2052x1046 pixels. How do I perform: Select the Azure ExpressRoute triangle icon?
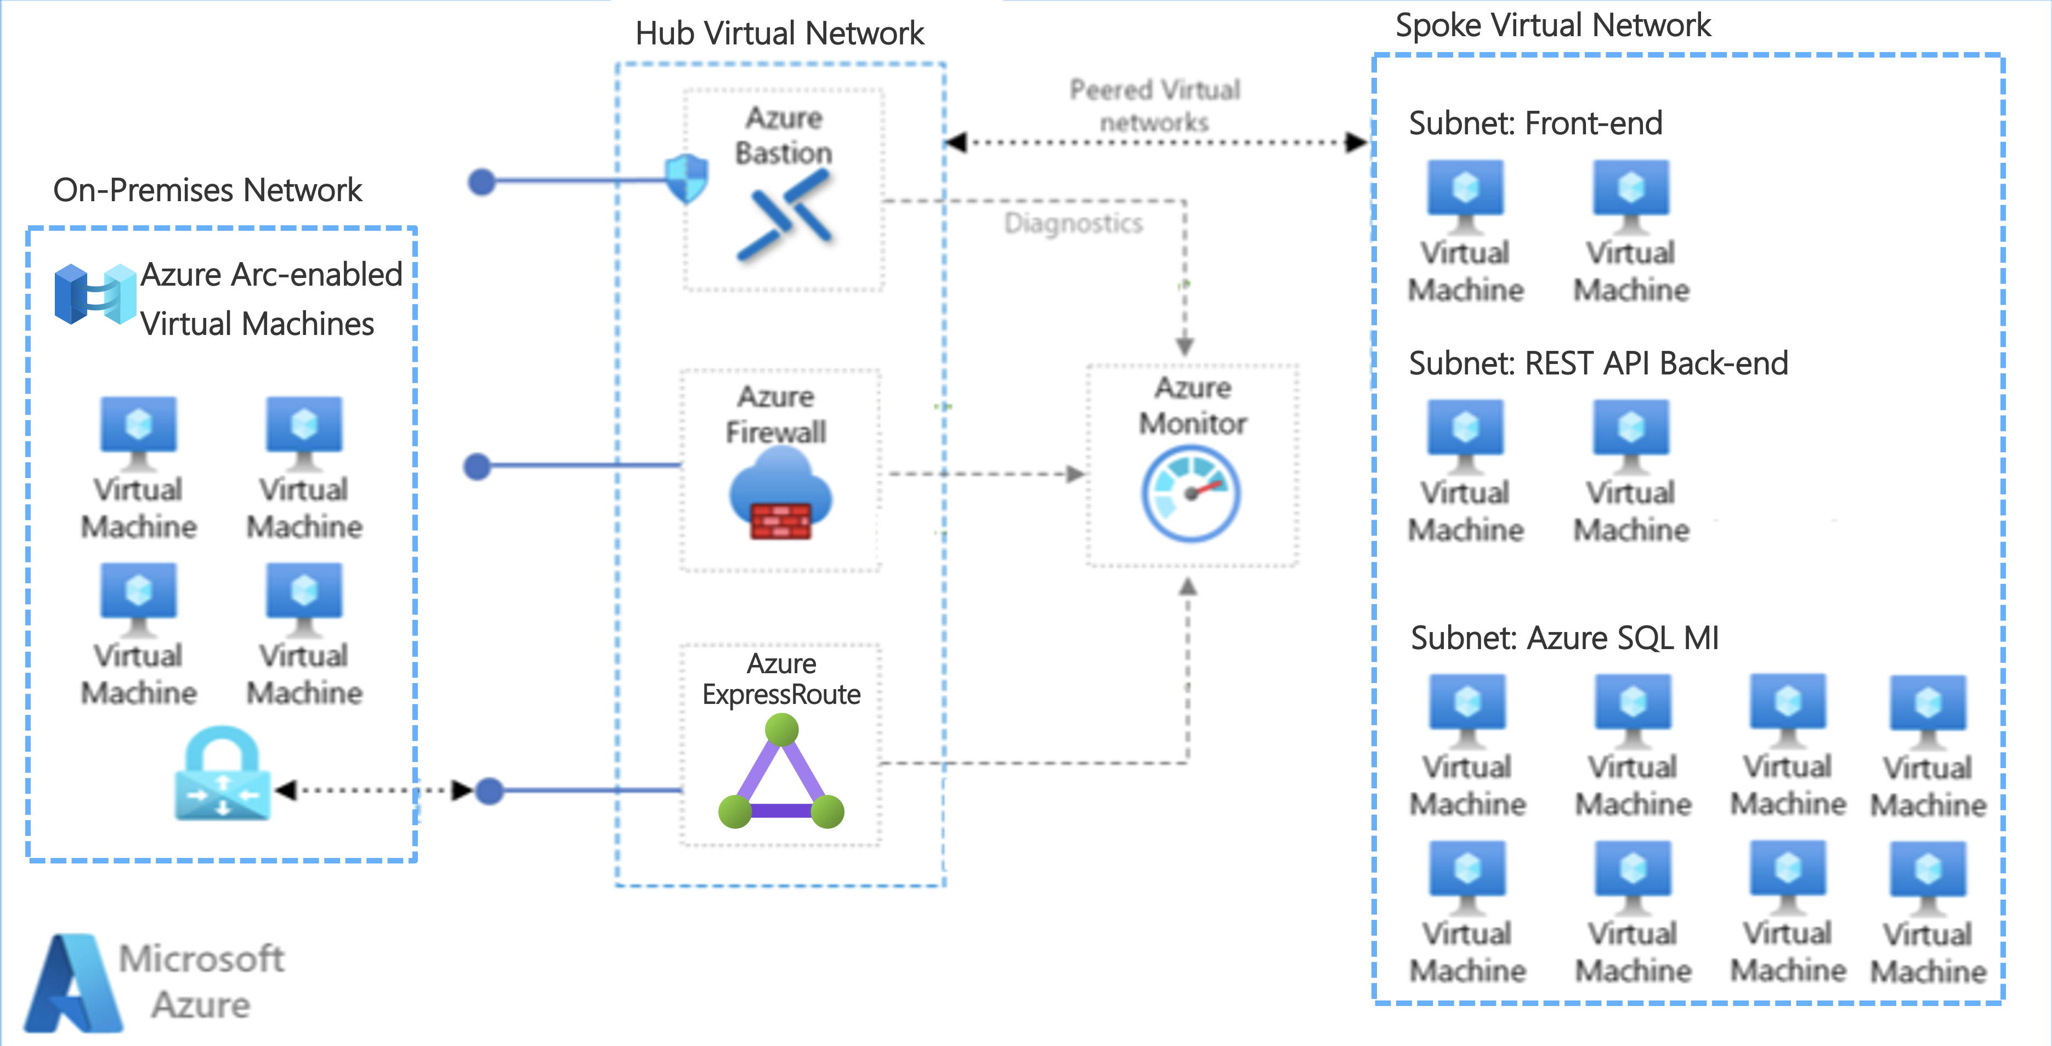point(781,773)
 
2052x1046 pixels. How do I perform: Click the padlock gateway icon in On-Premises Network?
point(222,774)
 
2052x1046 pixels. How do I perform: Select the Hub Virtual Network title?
point(779,33)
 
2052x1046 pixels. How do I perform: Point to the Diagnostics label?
point(1073,223)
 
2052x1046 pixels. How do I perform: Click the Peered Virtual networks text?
point(1154,105)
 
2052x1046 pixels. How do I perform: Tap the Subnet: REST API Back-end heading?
point(1598,363)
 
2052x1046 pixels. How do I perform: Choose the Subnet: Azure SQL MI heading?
point(1564,638)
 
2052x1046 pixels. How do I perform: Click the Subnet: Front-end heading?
point(1535,123)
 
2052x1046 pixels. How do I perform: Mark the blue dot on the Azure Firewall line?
point(477,466)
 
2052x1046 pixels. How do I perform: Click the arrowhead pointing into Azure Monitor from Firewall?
point(1075,474)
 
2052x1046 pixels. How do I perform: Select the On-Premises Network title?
point(207,190)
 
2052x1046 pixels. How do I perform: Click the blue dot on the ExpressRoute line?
point(489,791)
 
